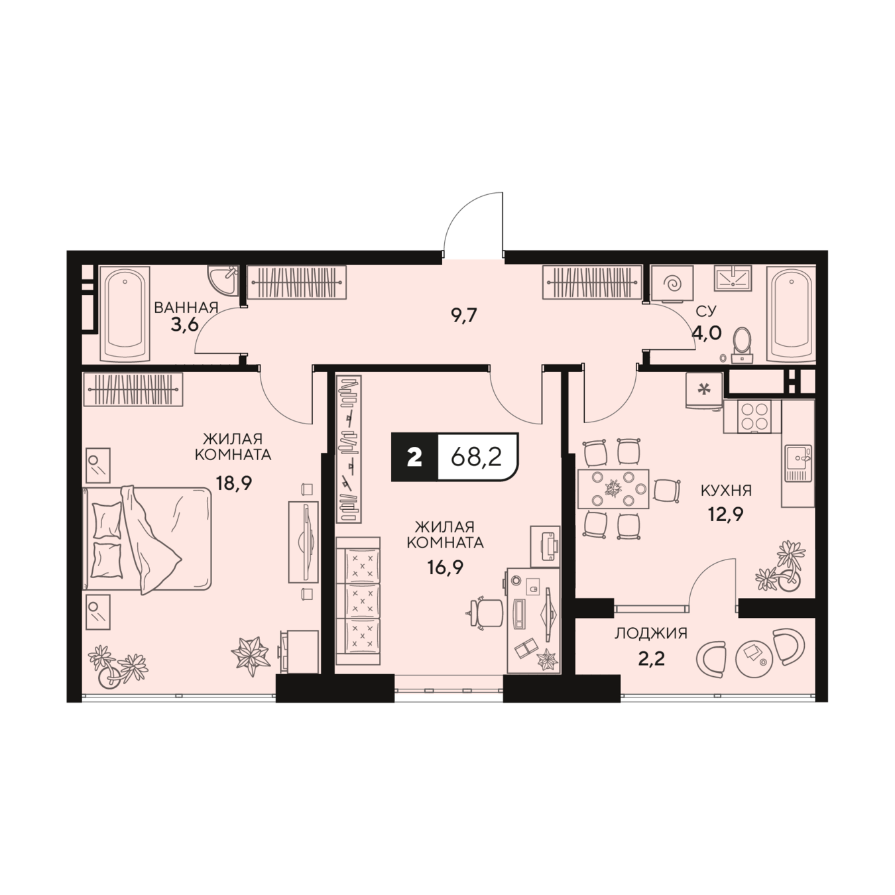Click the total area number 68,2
(x=477, y=458)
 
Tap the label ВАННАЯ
(x=186, y=308)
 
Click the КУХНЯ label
(x=726, y=491)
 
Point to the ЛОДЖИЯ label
(x=650, y=634)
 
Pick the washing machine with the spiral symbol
(x=672, y=284)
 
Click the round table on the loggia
(x=754, y=658)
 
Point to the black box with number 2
(x=414, y=457)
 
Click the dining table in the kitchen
(x=613, y=489)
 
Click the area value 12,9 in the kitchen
(x=726, y=514)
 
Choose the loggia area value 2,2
(x=651, y=658)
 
